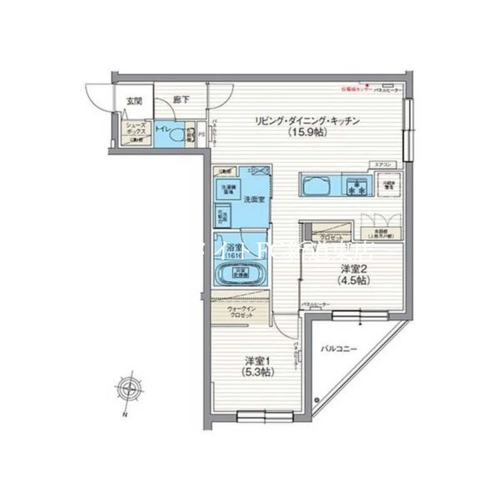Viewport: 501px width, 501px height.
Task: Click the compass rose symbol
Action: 128,389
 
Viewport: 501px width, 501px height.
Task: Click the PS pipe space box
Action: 202,133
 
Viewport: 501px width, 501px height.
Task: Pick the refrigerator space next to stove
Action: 389,185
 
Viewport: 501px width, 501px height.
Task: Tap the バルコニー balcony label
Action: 339,347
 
